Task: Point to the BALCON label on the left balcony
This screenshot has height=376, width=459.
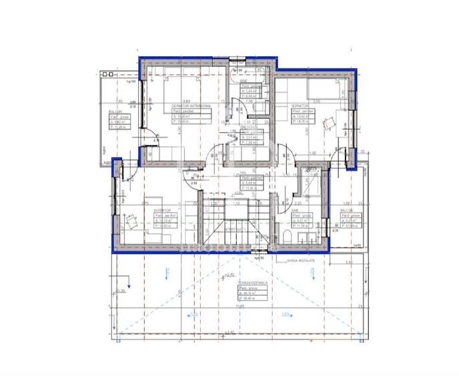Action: [114, 112]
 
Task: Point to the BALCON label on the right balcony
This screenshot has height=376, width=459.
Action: [346, 210]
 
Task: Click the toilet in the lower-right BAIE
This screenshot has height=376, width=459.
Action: [286, 236]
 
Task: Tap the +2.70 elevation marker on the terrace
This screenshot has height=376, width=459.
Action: [230, 274]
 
